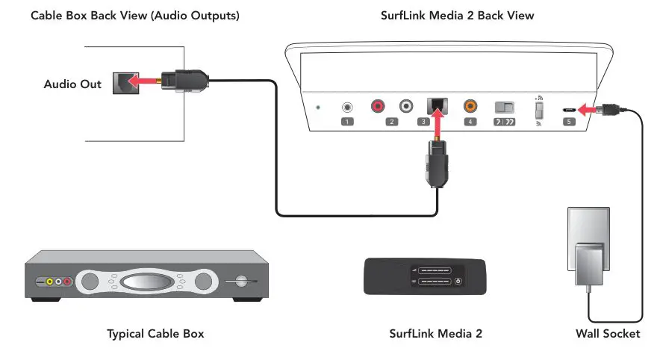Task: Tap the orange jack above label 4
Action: click(470, 107)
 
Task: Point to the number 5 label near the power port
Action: click(570, 122)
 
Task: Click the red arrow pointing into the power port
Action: click(588, 109)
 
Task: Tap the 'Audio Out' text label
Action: click(72, 84)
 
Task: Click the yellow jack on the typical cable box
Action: click(50, 282)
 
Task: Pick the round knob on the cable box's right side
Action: click(240, 282)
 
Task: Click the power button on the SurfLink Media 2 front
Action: click(458, 282)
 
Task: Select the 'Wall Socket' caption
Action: click(607, 334)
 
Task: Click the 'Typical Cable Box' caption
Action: click(155, 334)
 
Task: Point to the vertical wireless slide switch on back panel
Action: click(538, 109)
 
